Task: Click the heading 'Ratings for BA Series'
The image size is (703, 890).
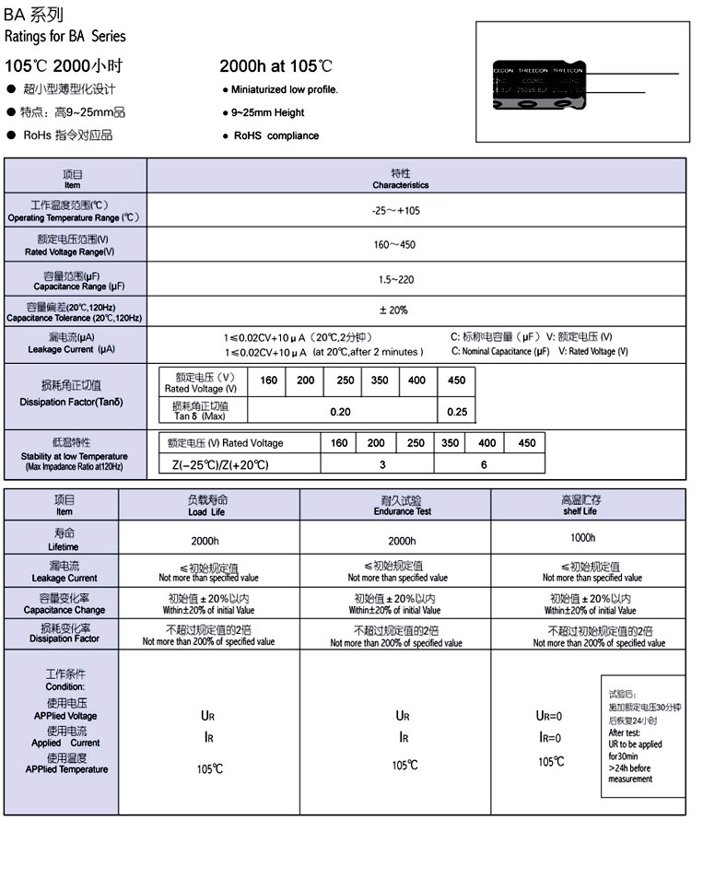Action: [65, 37]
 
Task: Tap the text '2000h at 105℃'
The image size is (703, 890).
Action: [276, 66]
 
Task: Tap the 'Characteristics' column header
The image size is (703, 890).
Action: [401, 180]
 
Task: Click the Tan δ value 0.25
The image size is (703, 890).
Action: [456, 411]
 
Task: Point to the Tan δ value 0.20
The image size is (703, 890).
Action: [341, 411]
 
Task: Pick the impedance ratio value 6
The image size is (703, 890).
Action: [484, 465]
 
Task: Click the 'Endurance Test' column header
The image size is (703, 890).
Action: [402, 506]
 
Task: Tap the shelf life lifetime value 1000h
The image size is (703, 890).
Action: [582, 537]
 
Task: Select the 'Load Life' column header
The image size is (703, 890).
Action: [205, 506]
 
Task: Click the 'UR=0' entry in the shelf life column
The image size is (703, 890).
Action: [549, 716]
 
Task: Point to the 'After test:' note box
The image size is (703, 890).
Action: [642, 737]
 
